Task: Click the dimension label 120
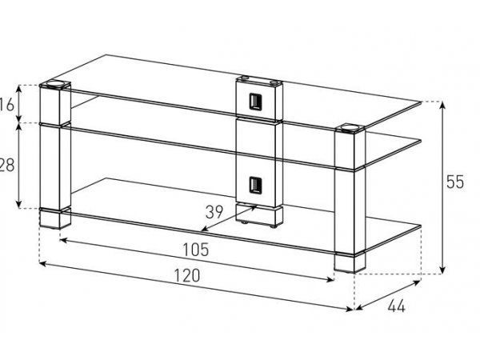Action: click(x=187, y=275)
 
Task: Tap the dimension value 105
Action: click(x=196, y=250)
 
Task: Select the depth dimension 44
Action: click(x=397, y=306)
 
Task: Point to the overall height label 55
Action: click(x=455, y=182)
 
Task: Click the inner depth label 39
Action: click(x=214, y=212)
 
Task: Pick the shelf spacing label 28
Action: click(x=6, y=166)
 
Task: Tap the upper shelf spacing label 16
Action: click(x=7, y=105)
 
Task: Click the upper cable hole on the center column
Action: click(x=255, y=102)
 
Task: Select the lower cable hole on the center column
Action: click(x=255, y=185)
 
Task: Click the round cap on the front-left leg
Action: click(x=55, y=83)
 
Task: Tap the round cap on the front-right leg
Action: click(x=350, y=126)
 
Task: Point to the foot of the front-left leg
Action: click(x=55, y=218)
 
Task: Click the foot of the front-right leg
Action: click(x=350, y=262)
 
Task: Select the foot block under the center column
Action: click(x=259, y=215)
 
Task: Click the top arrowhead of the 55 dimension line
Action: click(x=442, y=105)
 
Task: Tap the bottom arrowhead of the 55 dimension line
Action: click(x=442, y=270)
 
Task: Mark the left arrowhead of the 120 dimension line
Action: click(x=43, y=263)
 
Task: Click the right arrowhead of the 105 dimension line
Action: click(x=330, y=279)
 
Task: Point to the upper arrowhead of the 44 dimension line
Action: click(x=418, y=283)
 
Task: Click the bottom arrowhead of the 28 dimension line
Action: click(x=19, y=205)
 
